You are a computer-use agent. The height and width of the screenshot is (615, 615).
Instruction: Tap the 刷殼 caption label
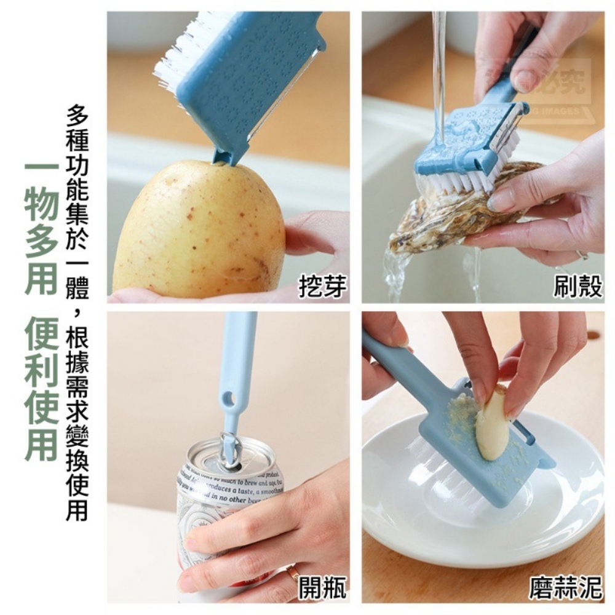(x=577, y=287)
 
